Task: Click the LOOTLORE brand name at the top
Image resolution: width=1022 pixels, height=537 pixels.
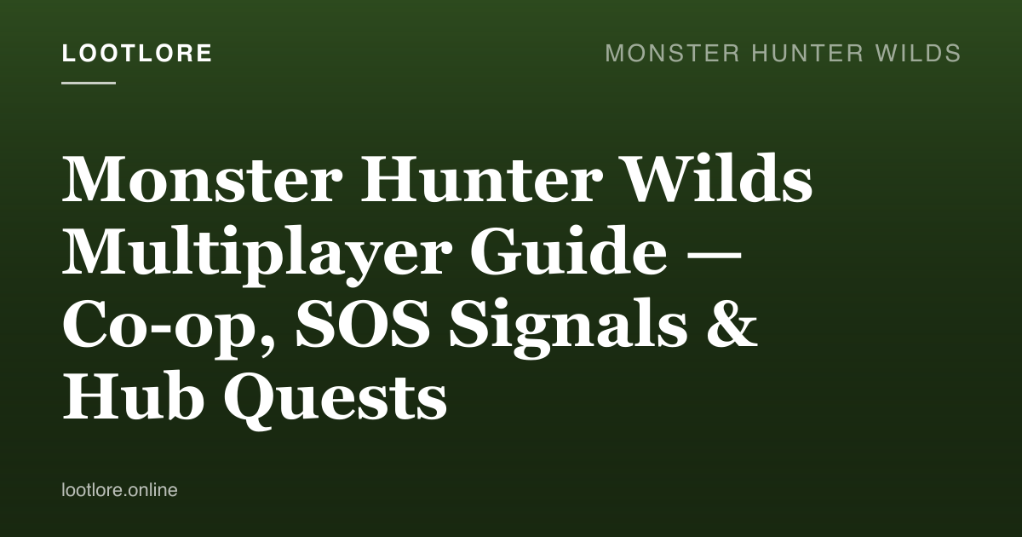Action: tap(137, 53)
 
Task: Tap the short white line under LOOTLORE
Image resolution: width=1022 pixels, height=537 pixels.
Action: tap(89, 83)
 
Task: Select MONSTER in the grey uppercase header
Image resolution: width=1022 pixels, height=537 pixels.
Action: tap(672, 53)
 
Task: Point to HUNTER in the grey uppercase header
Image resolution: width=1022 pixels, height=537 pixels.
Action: tap(807, 53)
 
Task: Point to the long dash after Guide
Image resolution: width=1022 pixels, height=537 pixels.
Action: tap(713, 258)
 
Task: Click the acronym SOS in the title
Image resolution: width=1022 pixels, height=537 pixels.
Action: tap(363, 322)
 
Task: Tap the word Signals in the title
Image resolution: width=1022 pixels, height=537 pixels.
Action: tap(568, 325)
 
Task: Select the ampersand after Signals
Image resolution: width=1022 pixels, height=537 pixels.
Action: tap(732, 322)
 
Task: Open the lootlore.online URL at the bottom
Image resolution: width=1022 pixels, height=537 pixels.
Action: tap(119, 490)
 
